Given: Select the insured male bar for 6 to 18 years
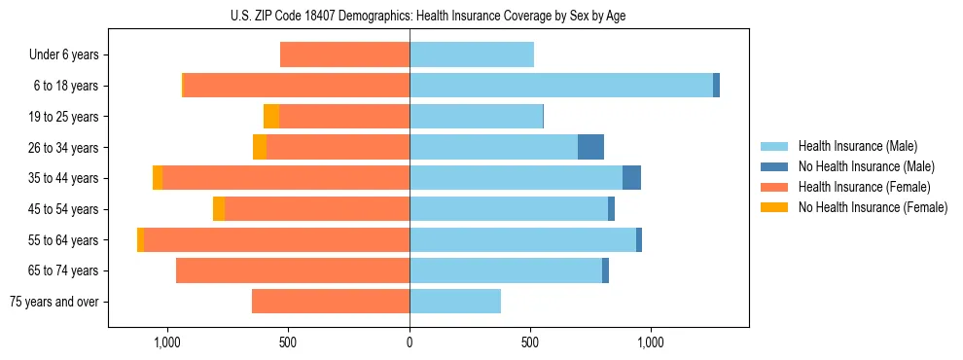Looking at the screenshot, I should tap(561, 86).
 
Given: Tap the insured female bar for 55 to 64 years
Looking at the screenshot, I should tap(276, 239).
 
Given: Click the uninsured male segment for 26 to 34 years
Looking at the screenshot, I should tap(590, 147).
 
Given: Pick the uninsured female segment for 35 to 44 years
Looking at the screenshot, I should tap(158, 178).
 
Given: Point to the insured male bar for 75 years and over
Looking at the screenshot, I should tap(455, 302).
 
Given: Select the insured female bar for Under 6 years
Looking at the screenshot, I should tap(344, 54).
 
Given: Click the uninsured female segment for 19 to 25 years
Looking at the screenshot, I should tap(271, 117).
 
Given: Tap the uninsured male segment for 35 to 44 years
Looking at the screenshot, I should tap(631, 178).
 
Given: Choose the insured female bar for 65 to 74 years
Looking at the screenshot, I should tap(293, 270).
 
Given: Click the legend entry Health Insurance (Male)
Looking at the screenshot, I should tap(857, 146).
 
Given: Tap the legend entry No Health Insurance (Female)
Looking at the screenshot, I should tap(873, 207).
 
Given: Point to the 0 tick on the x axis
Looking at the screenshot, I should tap(410, 342).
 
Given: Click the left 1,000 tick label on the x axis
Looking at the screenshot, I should tap(167, 342).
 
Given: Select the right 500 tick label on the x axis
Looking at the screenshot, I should tap(530, 342).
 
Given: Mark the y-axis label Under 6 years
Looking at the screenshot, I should tap(63, 55).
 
